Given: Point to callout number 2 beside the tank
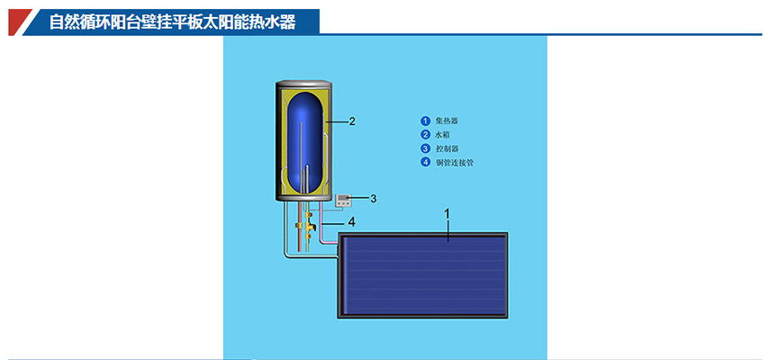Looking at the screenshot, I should click(x=352, y=121).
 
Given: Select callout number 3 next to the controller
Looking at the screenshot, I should click(x=373, y=198).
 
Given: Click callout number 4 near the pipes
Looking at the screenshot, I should click(x=352, y=220).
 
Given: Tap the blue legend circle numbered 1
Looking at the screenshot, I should click(x=425, y=121).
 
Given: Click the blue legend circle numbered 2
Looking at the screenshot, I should click(x=425, y=135).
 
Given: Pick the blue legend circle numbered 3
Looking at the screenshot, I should click(x=425, y=148).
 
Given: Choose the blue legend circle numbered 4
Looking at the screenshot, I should click(x=425, y=163).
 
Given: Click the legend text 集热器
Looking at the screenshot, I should click(x=447, y=121).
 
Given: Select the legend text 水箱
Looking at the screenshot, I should click(x=444, y=135).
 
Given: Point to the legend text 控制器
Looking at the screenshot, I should click(x=447, y=148).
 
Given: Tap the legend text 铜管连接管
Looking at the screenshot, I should click(x=455, y=163).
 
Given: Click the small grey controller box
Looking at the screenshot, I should click(x=346, y=199).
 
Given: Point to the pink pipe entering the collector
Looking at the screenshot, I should click(x=330, y=236).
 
